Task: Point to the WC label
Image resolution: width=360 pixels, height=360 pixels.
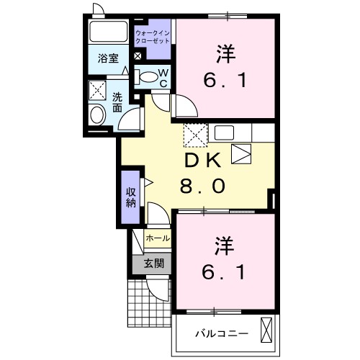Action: click(163, 78)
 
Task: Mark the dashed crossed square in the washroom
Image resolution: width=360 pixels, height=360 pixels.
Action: click(96, 91)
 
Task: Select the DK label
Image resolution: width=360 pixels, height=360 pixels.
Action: click(202, 161)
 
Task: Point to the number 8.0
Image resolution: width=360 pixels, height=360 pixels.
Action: click(202, 186)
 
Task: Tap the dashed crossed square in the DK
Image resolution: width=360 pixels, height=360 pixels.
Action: click(194, 134)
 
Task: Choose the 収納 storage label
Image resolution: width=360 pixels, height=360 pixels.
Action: click(130, 197)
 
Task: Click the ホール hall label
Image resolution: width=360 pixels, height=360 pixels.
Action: click(158, 238)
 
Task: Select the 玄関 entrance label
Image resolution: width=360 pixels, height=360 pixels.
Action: click(153, 264)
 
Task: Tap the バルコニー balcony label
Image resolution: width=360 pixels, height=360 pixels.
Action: click(222, 333)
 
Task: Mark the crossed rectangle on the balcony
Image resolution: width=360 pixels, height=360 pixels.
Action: click(266, 331)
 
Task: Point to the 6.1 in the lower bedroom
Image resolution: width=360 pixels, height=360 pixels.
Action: click(222, 273)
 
